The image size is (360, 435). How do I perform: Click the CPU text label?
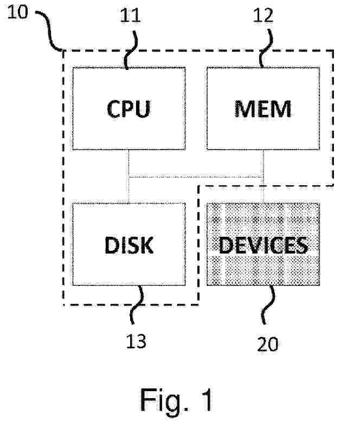[128, 109]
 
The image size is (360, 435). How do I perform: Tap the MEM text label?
[263, 109]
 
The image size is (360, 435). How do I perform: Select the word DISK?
[129, 245]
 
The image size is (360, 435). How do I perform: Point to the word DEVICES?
[263, 245]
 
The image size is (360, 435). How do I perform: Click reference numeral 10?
[17, 12]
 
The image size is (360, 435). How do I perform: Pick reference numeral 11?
[130, 16]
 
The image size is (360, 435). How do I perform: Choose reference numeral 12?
[263, 15]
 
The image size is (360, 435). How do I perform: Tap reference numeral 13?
[136, 341]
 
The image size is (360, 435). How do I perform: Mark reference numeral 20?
[268, 345]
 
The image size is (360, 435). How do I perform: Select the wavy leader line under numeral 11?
[131, 50]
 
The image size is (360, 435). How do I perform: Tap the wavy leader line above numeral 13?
[137, 304]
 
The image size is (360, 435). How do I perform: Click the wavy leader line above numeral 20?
[268, 304]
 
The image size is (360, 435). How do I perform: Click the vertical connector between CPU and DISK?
[129, 177]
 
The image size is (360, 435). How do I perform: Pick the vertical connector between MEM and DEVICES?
[263, 177]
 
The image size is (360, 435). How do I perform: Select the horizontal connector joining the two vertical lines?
[196, 176]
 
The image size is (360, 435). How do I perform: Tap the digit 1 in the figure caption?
[207, 400]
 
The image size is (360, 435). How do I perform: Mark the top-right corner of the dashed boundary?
[333, 50]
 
